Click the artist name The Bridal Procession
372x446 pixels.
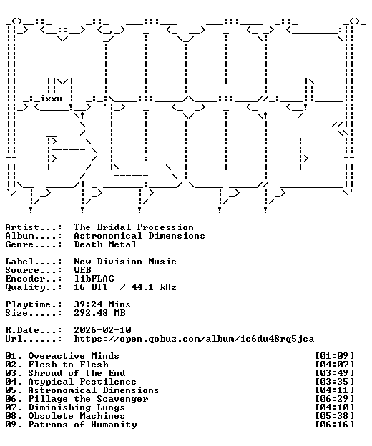click(x=134, y=227)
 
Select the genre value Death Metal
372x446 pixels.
click(x=105, y=244)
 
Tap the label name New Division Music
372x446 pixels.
click(x=125, y=262)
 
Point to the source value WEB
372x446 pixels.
click(x=82, y=270)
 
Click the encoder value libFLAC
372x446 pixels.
click(x=94, y=279)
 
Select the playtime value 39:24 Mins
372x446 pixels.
click(x=102, y=304)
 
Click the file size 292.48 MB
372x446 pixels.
click(x=99, y=313)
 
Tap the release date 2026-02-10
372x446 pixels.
click(x=102, y=330)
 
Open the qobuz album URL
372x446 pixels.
click(x=194, y=339)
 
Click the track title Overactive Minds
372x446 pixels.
click(x=74, y=356)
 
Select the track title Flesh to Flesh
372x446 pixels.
click(x=68, y=365)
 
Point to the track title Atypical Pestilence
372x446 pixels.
click(x=82, y=382)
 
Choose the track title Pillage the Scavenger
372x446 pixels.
click(x=88, y=399)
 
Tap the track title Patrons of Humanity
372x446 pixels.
click(x=82, y=425)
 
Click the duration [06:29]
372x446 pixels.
click(x=335, y=399)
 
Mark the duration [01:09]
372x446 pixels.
click(x=335, y=356)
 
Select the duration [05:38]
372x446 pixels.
click(x=335, y=416)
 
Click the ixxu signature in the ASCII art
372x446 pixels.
click(x=51, y=99)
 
